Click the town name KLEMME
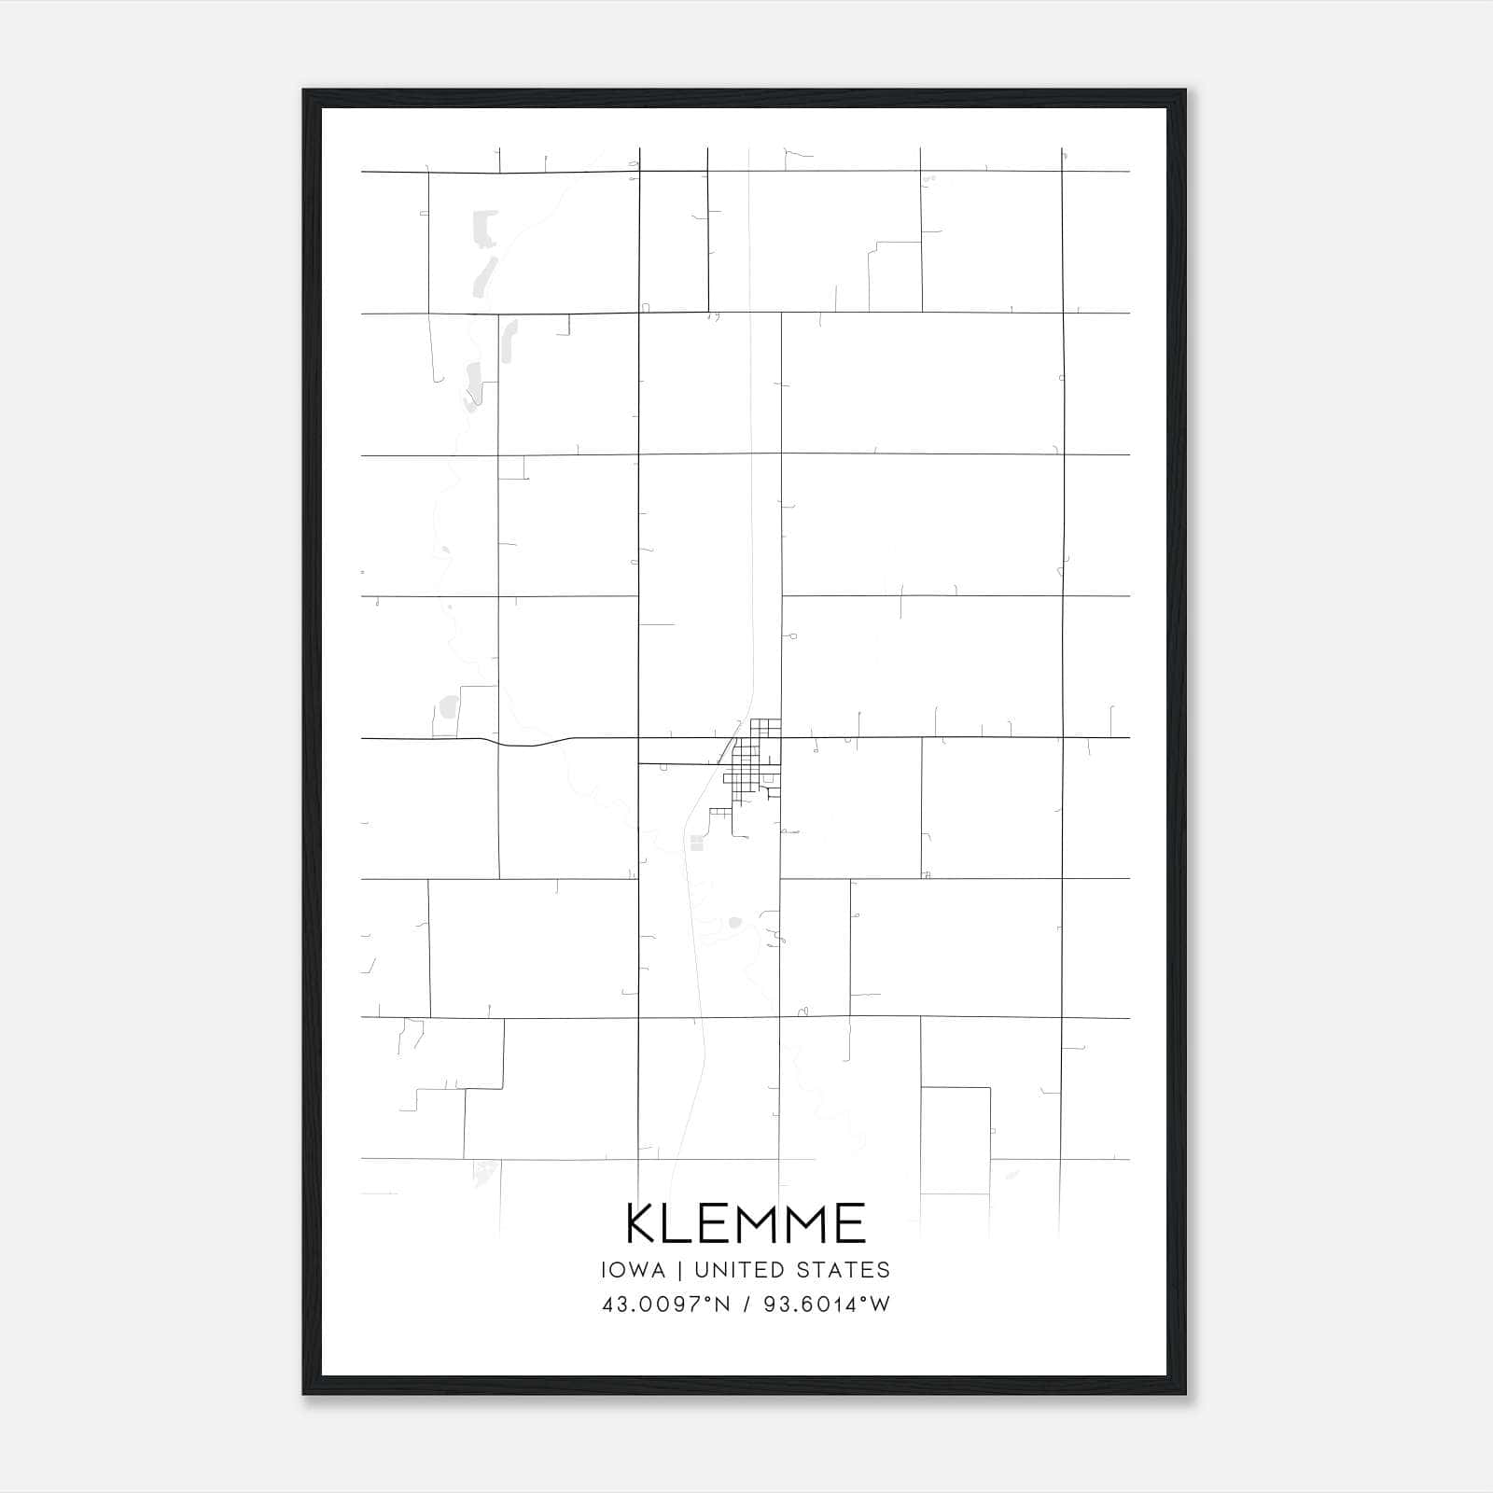[746, 1223]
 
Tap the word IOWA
[634, 1270]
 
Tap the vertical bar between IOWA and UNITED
[679, 1270]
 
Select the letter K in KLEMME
[644, 1223]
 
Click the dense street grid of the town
[754, 760]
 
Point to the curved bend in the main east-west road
[532, 744]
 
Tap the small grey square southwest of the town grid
[695, 844]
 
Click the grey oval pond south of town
[734, 923]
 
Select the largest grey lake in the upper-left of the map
[485, 229]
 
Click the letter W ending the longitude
[879, 1305]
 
